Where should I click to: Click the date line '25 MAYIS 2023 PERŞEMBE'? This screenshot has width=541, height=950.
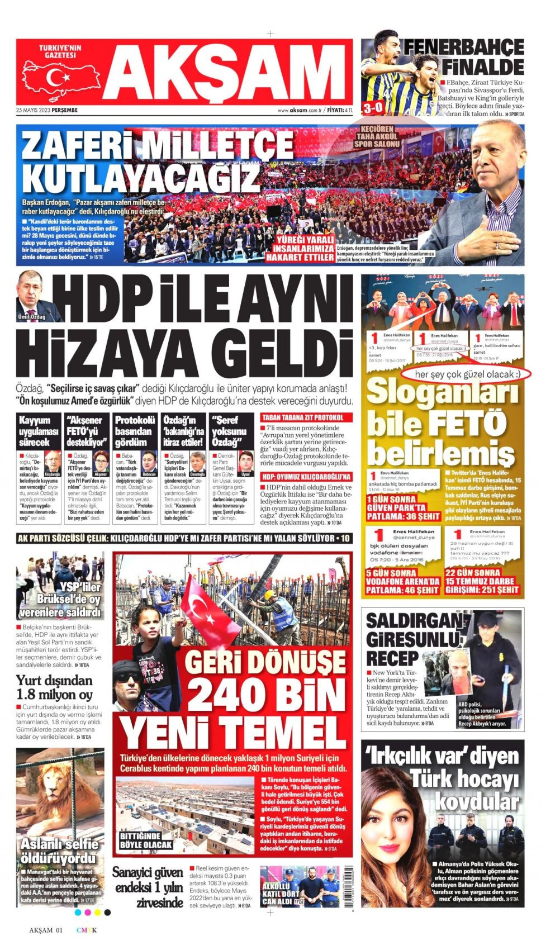(x=47, y=110)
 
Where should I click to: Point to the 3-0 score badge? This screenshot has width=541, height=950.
(x=373, y=108)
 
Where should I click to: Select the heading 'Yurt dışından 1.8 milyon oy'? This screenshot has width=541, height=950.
(x=54, y=687)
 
